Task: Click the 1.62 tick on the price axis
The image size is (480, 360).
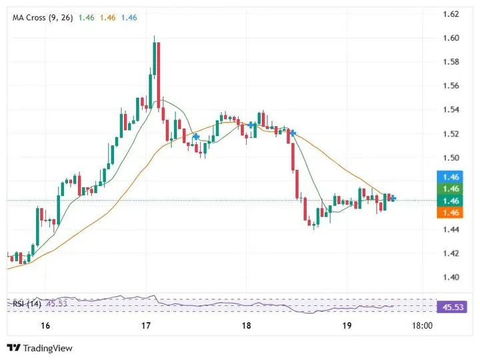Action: coord(451,14)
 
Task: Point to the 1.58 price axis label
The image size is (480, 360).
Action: coord(451,62)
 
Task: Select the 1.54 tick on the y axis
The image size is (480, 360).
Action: coord(451,110)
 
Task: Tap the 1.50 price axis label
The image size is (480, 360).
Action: coord(451,158)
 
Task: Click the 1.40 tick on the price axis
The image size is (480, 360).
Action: coord(451,277)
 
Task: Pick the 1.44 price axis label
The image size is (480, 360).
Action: coord(451,230)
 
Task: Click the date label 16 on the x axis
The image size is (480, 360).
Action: coord(45,326)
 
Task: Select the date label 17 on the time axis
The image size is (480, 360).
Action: coord(147,326)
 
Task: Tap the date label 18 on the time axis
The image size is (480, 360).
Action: coord(247,326)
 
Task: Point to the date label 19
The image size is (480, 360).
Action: coord(347,326)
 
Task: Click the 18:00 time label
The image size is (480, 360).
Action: coord(423,326)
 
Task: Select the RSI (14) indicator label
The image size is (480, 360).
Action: coord(27,305)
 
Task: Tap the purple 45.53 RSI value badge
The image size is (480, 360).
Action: coord(452,307)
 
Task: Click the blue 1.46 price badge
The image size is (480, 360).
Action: coord(452,177)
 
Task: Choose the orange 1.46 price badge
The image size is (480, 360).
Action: coord(452,213)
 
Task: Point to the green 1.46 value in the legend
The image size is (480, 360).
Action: coord(86,17)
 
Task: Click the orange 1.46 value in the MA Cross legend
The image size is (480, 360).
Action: coord(107,17)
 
